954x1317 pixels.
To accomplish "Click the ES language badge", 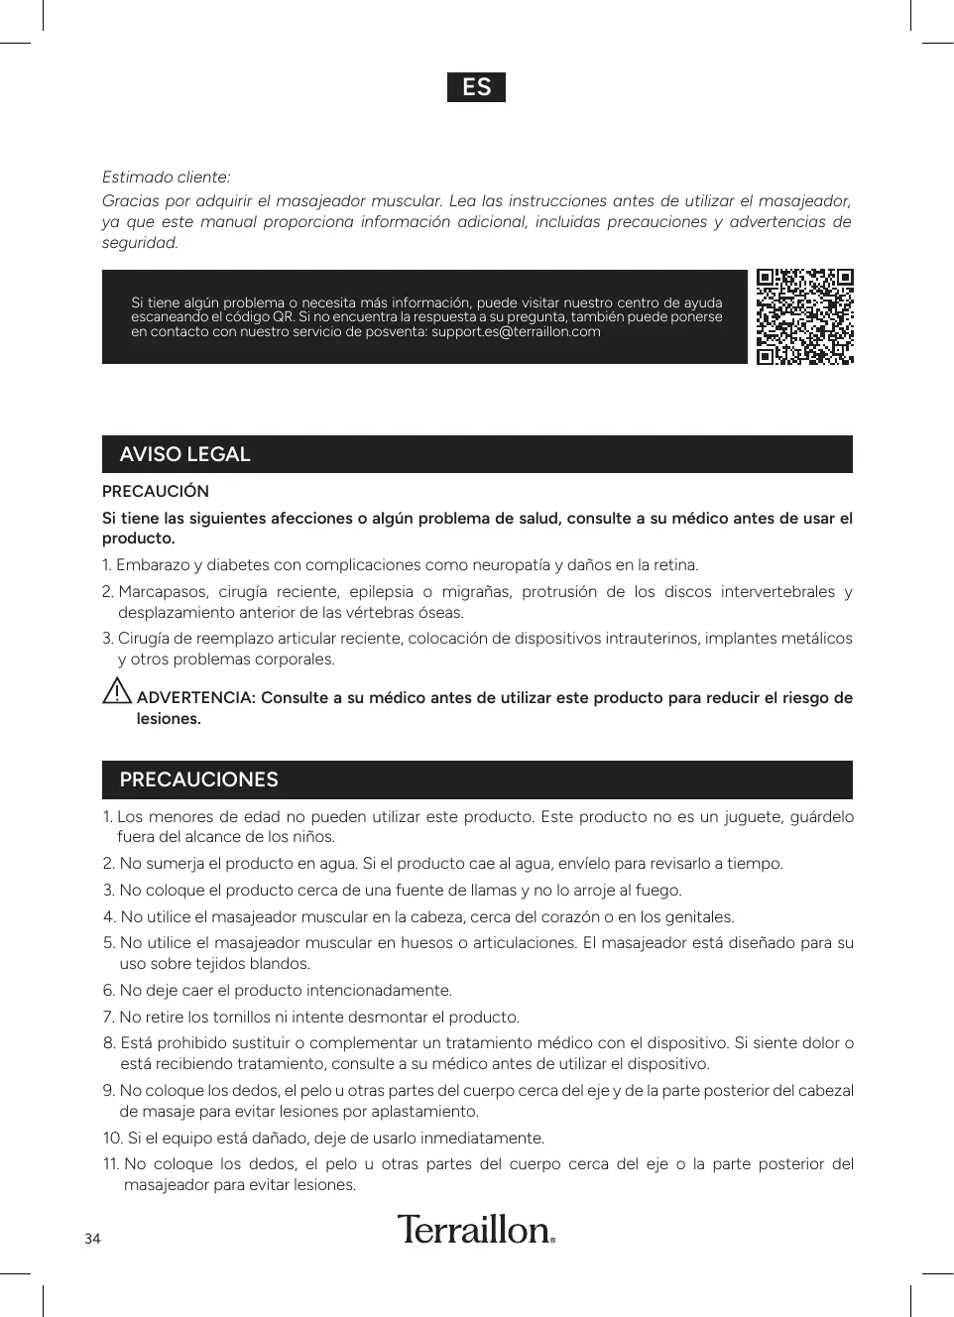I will pos(476,87).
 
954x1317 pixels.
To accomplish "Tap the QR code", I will pos(804,316).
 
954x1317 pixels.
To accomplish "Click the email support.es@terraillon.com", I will pos(516,332).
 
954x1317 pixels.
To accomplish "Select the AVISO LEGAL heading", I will pos(184,454).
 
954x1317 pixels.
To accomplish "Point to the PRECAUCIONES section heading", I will pos(198,779).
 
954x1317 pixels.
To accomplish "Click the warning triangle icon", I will pos(117,690).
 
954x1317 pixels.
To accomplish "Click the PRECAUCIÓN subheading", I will pos(156,492).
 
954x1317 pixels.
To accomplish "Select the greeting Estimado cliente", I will pos(166,178).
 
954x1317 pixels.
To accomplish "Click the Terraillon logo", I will pos(476,1230).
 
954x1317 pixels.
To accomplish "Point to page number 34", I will pos(92,1239).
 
